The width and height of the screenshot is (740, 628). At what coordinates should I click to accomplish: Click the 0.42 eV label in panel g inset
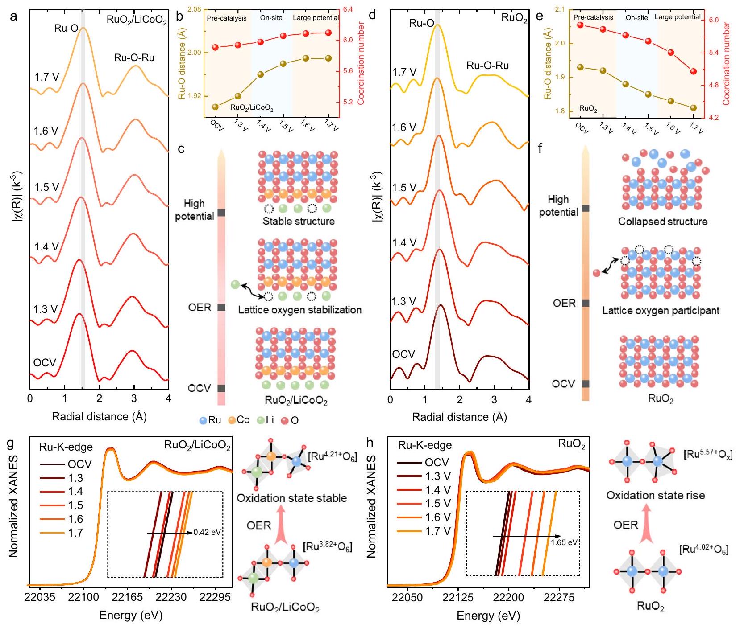coord(207,532)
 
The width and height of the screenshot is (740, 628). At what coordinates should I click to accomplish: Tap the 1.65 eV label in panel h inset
coord(565,542)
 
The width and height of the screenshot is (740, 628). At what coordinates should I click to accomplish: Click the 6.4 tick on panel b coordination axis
coord(348,9)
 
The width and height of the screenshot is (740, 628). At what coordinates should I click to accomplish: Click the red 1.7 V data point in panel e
coord(693,71)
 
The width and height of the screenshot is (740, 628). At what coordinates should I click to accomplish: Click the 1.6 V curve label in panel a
coord(46,131)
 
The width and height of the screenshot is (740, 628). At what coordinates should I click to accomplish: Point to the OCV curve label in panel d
coord(403,354)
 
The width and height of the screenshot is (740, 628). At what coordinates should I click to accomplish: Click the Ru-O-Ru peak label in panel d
coord(487,66)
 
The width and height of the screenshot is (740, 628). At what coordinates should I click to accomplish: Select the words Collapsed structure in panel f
coord(662,222)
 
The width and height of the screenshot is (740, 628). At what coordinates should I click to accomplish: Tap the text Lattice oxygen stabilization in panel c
coord(299,310)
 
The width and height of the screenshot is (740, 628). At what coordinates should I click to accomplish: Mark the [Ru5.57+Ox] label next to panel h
coord(707,455)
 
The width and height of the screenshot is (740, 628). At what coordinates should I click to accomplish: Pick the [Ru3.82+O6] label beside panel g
coord(327,547)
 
